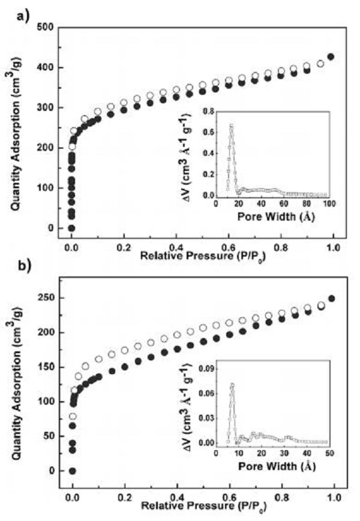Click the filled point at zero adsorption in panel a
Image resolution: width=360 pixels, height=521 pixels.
71,228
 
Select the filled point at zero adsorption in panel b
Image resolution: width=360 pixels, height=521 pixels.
72,471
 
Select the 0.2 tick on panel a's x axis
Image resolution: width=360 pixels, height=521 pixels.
124,246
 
